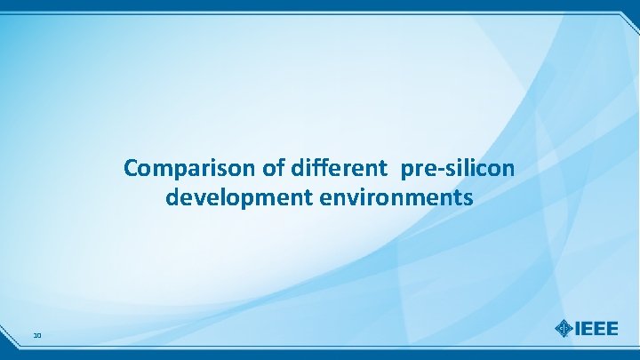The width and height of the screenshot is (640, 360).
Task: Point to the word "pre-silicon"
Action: [x=458, y=167]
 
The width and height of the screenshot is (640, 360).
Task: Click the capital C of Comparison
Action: [x=131, y=167]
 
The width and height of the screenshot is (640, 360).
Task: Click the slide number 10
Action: [x=36, y=335]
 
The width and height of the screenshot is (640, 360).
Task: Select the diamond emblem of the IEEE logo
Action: [x=564, y=328]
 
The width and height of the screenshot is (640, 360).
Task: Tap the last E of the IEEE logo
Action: [x=613, y=328]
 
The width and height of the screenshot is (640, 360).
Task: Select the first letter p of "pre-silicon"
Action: [x=407, y=169]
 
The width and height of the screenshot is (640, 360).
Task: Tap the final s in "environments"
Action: [x=468, y=197]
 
